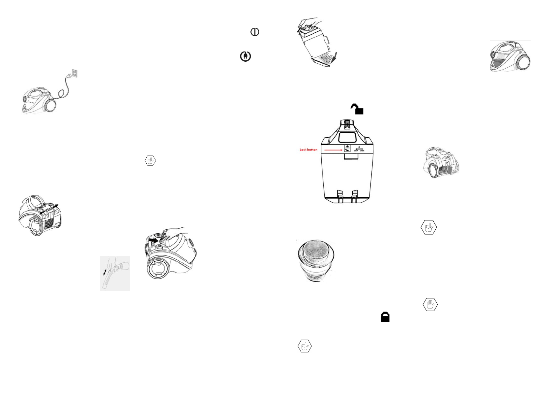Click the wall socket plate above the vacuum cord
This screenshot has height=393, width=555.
point(75,74)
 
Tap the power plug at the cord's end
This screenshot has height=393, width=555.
point(70,77)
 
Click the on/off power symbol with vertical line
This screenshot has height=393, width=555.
point(255,32)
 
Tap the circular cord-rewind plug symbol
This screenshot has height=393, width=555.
point(245,56)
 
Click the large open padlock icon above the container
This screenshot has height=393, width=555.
point(357,109)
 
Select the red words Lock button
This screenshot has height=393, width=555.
point(308,150)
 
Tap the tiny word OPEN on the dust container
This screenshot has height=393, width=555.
point(362,151)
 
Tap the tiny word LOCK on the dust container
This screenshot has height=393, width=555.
point(356,151)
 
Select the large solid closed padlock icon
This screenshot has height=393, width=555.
point(385,317)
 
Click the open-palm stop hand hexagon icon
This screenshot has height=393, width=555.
point(430,305)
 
